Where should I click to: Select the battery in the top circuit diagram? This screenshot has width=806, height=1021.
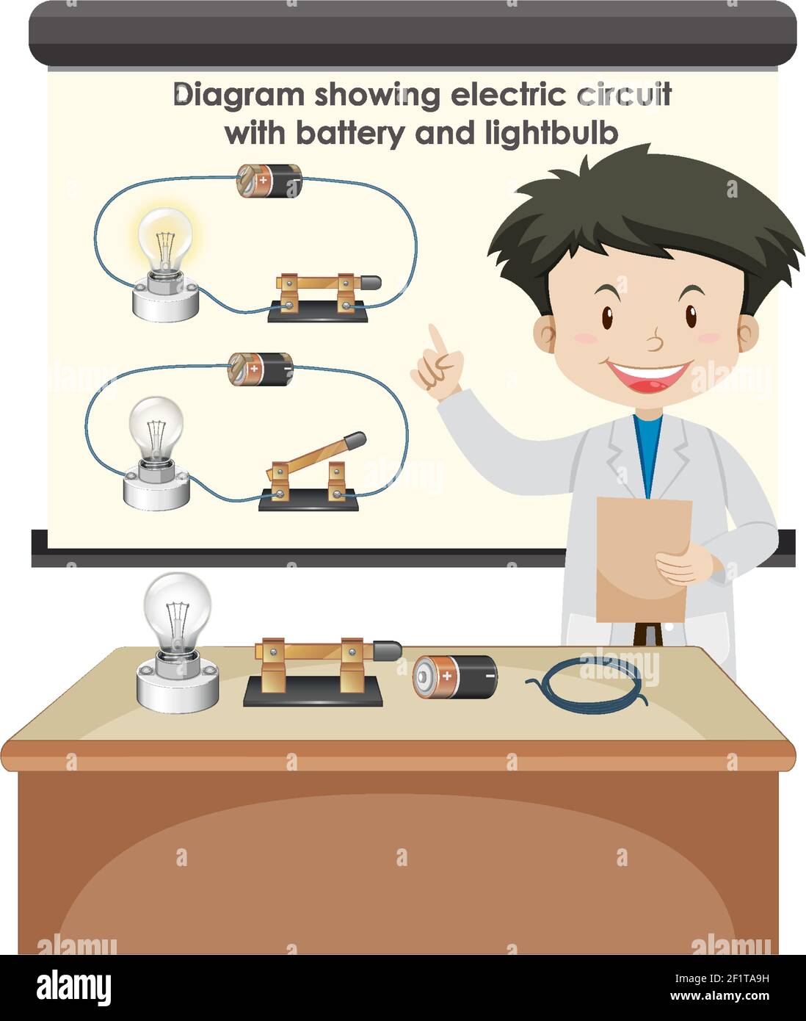pos(269,180)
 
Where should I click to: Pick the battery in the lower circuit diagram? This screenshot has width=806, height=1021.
pos(261,369)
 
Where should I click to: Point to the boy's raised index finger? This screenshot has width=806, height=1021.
pos(438,339)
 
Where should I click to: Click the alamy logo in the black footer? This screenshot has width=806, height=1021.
pos(74,986)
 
